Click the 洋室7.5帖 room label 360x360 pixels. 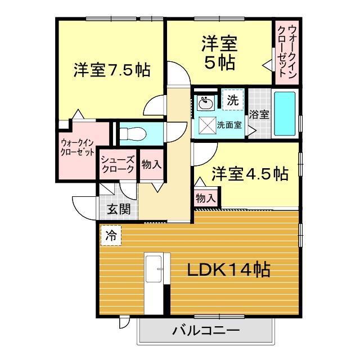[x=112, y=70]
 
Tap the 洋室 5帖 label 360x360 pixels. [x=219, y=53]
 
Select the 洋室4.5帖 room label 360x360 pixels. [x=250, y=174]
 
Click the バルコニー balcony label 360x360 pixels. [x=206, y=331]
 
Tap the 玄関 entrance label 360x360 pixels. [x=119, y=209]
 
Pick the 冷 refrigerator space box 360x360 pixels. [x=111, y=236]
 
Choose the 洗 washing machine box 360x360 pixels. [x=233, y=100]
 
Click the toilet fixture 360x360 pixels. [x=133, y=134]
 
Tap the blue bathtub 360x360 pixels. [x=285, y=114]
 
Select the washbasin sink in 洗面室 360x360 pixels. [x=205, y=103]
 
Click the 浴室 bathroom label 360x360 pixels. [x=259, y=115]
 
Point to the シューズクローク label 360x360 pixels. [x=118, y=164]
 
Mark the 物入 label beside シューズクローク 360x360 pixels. [x=151, y=164]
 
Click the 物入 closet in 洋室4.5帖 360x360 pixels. [x=206, y=198]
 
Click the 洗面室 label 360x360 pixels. [x=229, y=125]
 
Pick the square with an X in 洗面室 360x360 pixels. [x=208, y=125]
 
